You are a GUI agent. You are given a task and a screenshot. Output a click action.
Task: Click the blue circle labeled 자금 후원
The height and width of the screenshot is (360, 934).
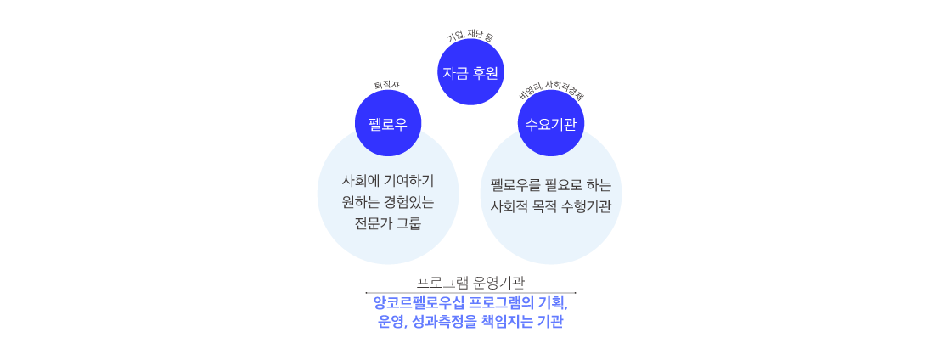470,73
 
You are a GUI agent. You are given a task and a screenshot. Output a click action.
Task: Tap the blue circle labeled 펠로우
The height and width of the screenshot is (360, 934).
388,124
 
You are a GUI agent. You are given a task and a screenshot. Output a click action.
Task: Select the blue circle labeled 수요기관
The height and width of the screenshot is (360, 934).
551,124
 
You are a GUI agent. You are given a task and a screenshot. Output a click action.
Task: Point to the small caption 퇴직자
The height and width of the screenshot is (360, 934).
387,84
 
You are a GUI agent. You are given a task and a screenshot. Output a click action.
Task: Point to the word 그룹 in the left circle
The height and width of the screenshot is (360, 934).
409,224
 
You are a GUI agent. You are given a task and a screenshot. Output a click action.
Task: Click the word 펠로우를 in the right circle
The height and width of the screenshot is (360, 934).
515,185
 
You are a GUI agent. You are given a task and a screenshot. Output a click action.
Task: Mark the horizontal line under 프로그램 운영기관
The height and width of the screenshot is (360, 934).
470,293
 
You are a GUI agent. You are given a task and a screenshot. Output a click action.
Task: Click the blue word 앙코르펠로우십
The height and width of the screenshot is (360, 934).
416,304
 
